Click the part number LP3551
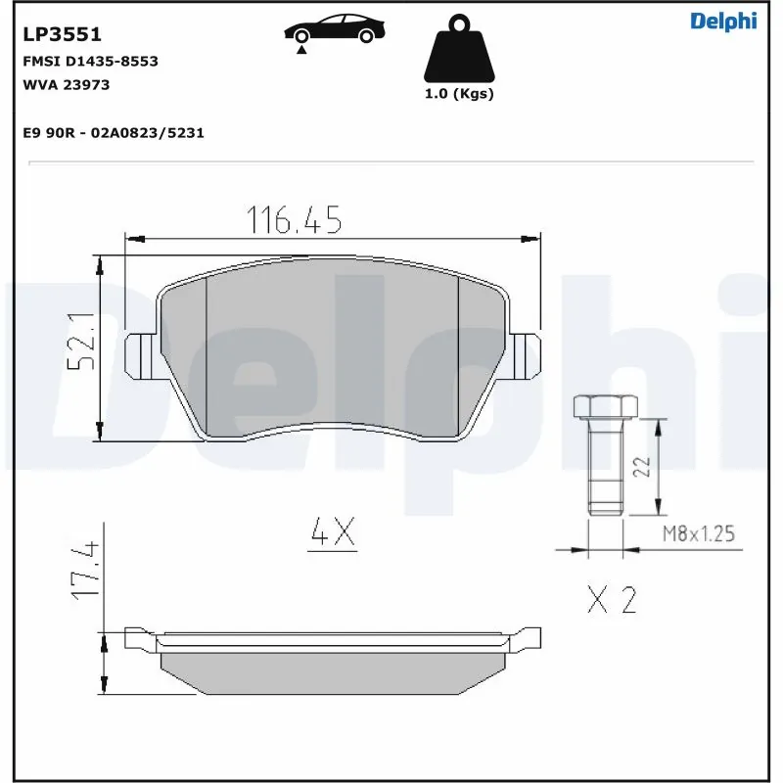click(62, 35)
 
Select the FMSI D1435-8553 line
click(90, 61)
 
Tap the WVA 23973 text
click(66, 84)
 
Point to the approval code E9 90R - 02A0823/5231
click(113, 132)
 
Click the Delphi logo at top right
click(722, 22)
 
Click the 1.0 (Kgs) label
click(458, 95)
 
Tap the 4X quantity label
click(331, 533)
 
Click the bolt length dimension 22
click(640, 467)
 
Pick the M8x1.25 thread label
click(698, 534)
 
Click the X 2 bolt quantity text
click(612, 600)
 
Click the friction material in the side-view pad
click(333, 671)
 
